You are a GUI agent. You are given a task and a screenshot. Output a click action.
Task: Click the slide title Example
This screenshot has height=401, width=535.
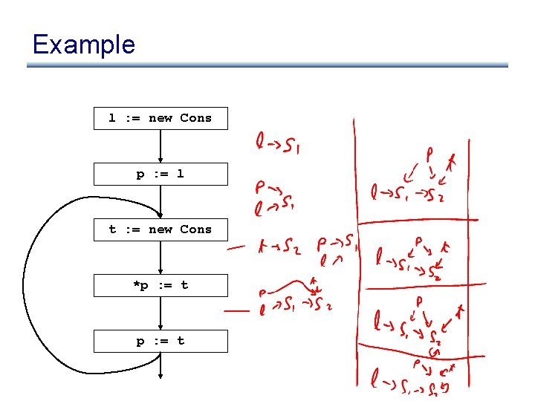[x=84, y=45]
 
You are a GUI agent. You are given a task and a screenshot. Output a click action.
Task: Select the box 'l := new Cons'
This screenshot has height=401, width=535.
[x=160, y=119]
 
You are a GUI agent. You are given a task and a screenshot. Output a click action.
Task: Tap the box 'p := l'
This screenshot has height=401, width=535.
[x=160, y=175]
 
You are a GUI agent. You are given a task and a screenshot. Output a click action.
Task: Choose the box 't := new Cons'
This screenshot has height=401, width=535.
[x=160, y=229]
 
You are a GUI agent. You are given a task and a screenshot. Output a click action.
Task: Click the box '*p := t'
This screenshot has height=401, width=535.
[x=160, y=285]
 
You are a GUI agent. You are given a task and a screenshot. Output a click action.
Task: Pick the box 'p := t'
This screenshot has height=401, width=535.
[x=160, y=341]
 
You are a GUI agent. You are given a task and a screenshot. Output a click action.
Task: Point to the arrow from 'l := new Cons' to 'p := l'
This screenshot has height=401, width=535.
[x=160, y=146]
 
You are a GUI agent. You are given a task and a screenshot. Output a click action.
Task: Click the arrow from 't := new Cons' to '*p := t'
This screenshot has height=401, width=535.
[x=160, y=257]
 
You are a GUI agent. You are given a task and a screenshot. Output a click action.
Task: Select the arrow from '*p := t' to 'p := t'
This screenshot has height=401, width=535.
[x=160, y=313]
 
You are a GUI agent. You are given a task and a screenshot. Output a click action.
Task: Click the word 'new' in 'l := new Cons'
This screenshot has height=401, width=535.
[x=160, y=118]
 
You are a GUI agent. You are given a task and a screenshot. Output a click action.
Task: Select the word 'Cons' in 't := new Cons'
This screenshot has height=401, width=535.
[x=196, y=229]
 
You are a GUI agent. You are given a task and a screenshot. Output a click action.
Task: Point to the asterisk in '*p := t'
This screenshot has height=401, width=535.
[x=135, y=284]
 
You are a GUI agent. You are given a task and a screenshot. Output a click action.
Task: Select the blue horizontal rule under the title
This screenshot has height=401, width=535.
[x=267, y=65]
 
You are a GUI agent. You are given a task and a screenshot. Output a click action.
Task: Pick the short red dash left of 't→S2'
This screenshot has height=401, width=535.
[x=236, y=247]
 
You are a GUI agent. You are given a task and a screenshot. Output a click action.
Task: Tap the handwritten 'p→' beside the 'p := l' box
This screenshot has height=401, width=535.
[x=265, y=186]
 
